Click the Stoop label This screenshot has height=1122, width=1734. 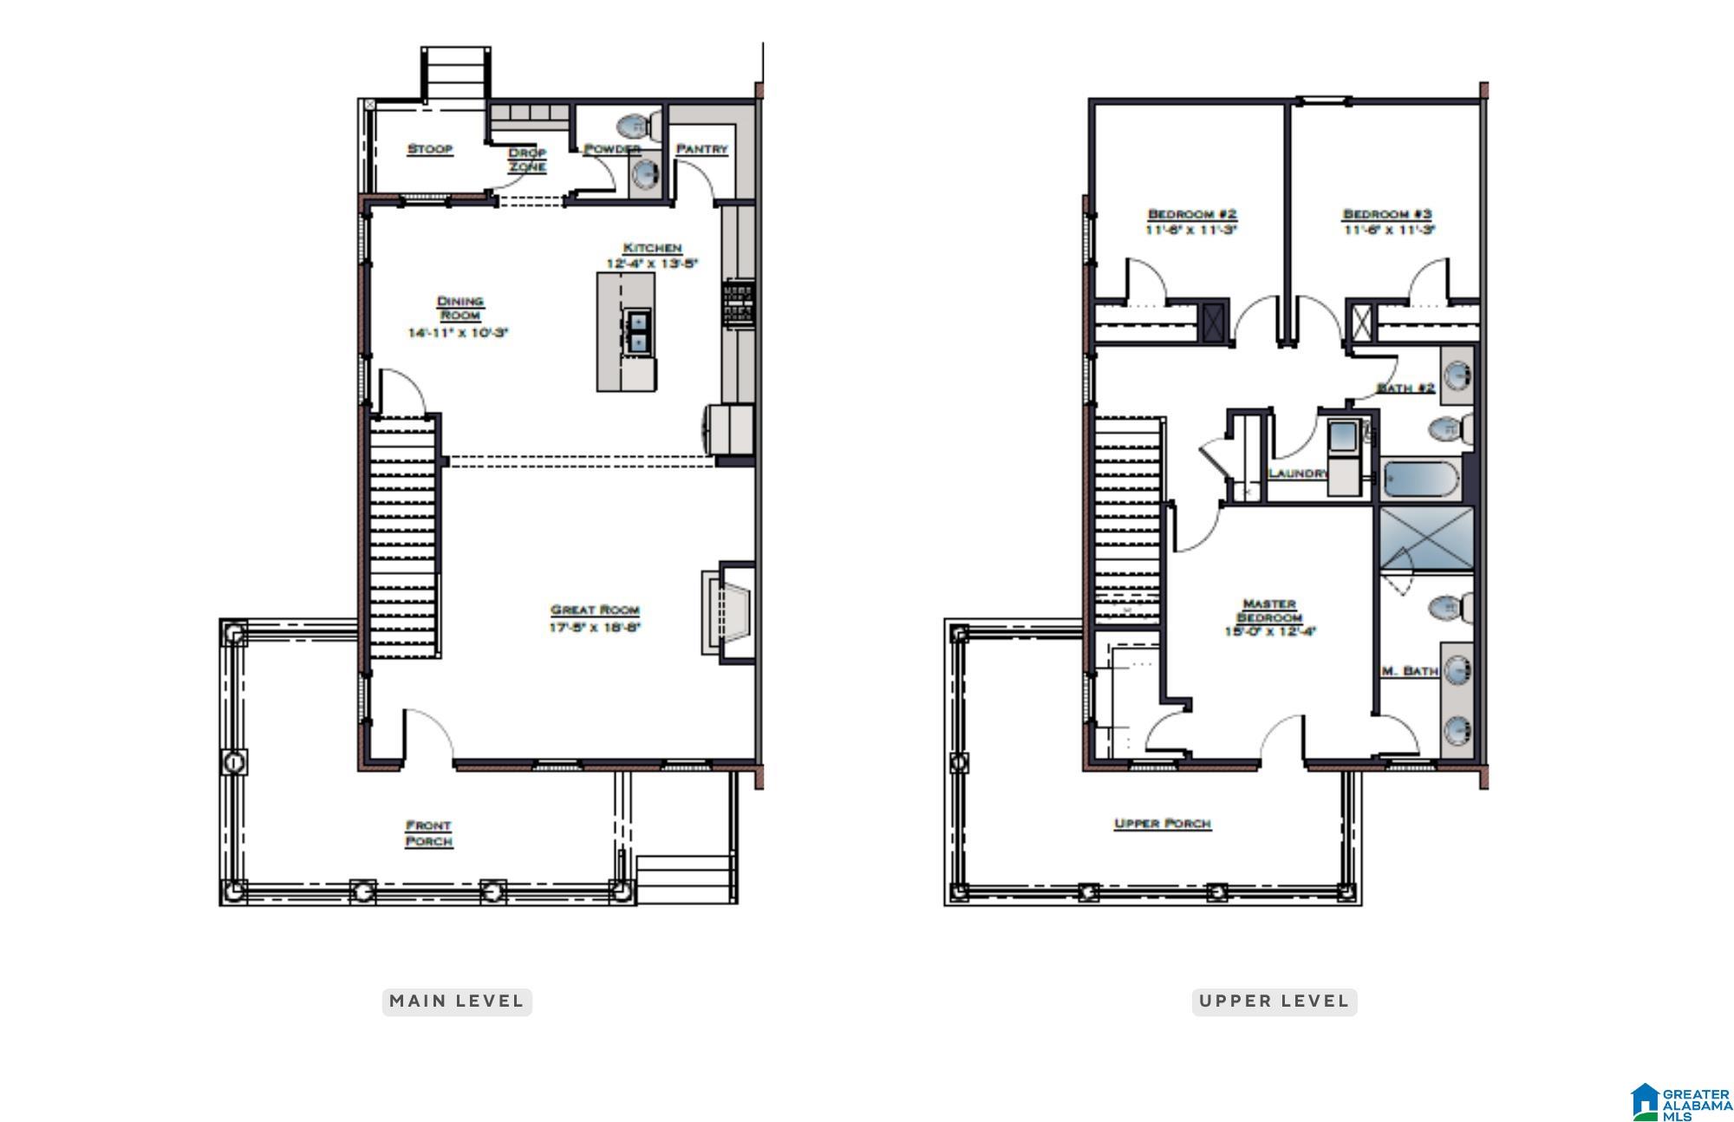coord(430,149)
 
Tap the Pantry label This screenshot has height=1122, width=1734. coord(701,149)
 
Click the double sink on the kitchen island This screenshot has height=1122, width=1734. coord(638,332)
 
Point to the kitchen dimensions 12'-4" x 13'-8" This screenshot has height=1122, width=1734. coord(652,264)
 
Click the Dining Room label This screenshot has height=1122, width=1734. coord(460,308)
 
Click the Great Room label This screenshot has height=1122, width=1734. coord(595,610)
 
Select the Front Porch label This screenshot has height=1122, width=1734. coord(428,833)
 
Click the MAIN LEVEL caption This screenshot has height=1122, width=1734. coord(456,1001)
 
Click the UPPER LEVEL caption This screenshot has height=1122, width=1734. coord(1274,1001)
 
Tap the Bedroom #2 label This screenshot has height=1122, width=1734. coord(1192,214)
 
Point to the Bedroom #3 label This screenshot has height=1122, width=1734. coord(1387,214)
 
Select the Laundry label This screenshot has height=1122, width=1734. coord(1297,473)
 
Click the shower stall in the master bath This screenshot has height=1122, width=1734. coord(1426,538)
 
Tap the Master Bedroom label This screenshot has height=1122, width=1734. coord(1269,610)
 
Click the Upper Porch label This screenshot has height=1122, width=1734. coord(1162,824)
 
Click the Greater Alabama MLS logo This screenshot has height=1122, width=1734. coord(1681,1102)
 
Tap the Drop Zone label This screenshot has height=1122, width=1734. coord(527,160)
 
